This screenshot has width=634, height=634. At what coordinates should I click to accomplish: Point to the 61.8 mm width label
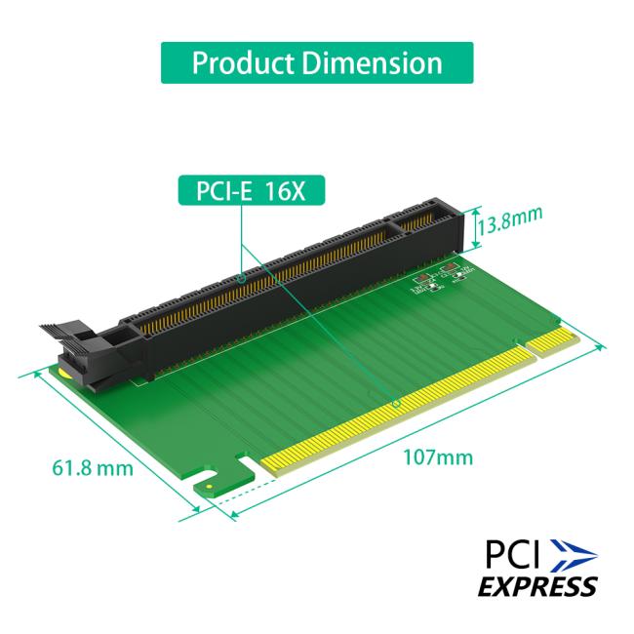92,468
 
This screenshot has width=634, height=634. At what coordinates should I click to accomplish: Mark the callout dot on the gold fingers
395,403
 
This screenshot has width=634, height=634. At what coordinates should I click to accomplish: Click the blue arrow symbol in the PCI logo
572,555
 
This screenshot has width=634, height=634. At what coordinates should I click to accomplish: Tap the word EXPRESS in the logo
536,586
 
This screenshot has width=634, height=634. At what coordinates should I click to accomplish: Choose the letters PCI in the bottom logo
514,555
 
